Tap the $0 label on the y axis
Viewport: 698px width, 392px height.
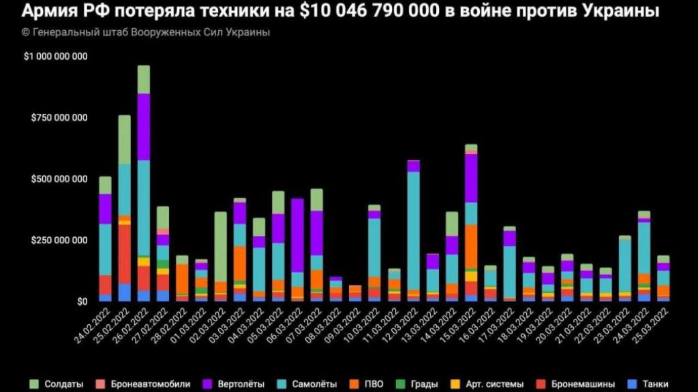(x=81, y=302)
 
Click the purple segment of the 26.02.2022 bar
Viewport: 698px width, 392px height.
(x=144, y=127)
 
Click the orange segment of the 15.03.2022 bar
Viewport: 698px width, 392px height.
(x=470, y=245)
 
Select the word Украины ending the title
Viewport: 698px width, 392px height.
(x=624, y=11)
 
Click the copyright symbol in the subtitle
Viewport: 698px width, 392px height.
(x=25, y=32)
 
